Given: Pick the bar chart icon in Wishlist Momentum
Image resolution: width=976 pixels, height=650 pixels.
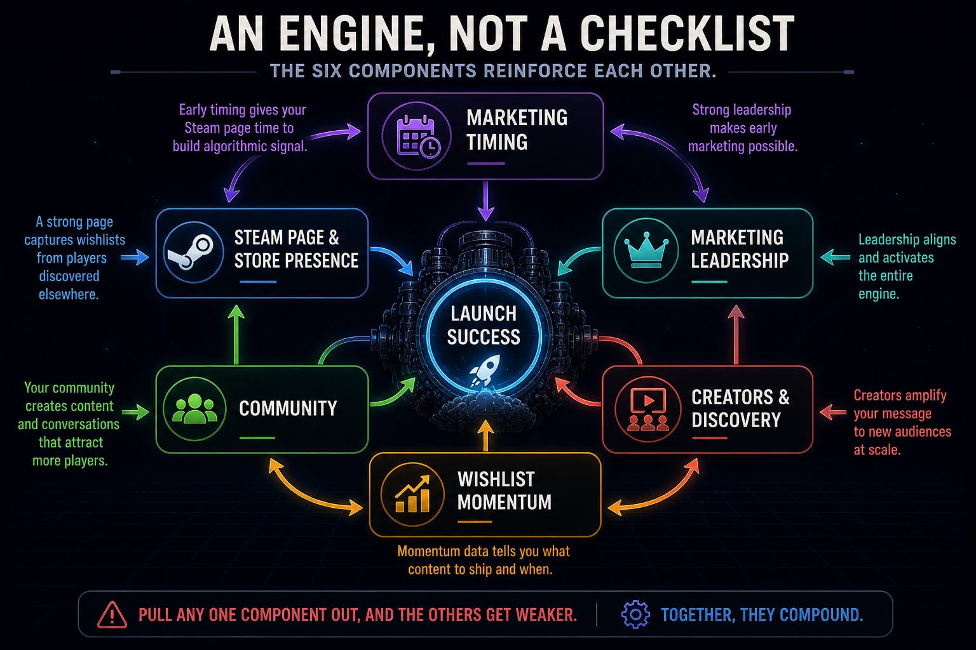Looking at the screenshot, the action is [x=412, y=494].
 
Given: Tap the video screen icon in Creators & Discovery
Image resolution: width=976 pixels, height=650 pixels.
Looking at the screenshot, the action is [x=648, y=409].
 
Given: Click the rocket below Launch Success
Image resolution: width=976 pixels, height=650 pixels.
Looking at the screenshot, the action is [x=485, y=370].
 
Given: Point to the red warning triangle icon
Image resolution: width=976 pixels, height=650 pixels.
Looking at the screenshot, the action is [x=112, y=614].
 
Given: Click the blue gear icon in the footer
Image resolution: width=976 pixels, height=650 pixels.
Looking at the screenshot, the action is [x=635, y=614].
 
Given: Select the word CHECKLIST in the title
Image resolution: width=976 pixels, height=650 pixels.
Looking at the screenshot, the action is [x=687, y=34].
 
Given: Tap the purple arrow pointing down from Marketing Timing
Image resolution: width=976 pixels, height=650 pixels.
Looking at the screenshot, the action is [x=485, y=201].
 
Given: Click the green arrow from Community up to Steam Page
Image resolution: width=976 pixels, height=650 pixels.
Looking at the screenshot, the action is [x=236, y=335].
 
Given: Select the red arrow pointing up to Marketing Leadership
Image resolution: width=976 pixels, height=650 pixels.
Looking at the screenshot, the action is [x=736, y=335].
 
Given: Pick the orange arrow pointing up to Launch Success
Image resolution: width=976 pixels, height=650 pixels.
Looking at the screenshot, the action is [x=485, y=436].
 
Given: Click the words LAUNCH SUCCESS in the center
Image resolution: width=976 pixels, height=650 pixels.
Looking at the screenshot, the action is [x=484, y=325].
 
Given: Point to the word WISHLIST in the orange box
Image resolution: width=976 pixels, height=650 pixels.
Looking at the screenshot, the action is [x=496, y=479].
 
